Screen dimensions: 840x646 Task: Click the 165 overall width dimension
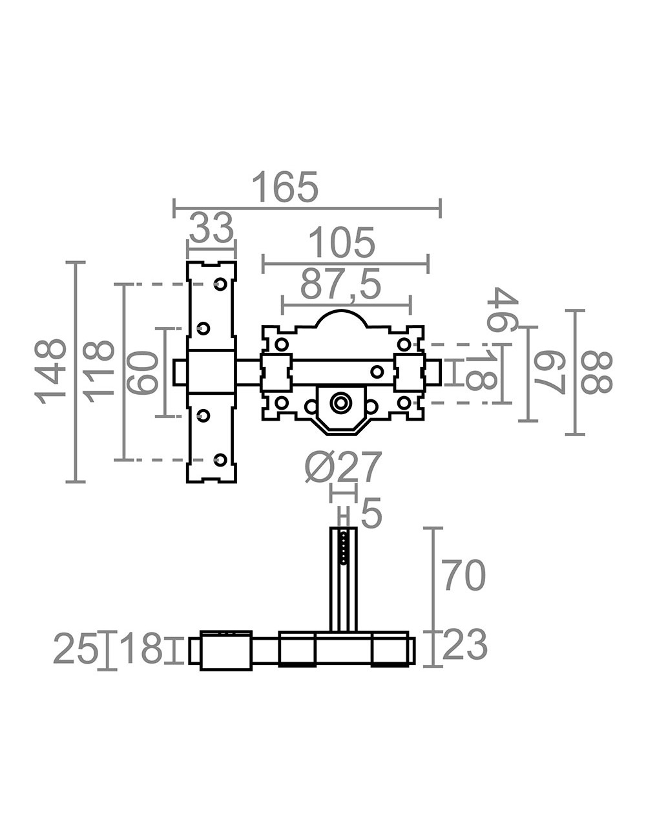[284, 187]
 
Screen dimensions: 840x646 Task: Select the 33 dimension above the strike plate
[211, 228]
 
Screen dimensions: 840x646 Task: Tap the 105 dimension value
[341, 244]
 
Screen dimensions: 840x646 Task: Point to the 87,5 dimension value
[341, 285]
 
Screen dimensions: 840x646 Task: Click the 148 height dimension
[52, 371]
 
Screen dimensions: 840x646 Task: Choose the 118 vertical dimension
[99, 371]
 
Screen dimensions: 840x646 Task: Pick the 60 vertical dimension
[143, 372]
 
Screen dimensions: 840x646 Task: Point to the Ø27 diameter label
[344, 467]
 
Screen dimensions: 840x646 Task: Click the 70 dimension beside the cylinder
[463, 576]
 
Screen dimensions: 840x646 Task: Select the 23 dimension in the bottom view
[464, 645]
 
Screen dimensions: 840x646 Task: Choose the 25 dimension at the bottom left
[76, 649]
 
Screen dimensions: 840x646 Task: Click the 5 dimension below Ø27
[371, 514]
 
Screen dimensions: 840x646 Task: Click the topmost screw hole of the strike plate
[220, 284]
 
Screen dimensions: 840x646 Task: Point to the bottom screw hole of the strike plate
[220, 459]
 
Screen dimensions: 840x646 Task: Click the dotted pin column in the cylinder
[344, 548]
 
